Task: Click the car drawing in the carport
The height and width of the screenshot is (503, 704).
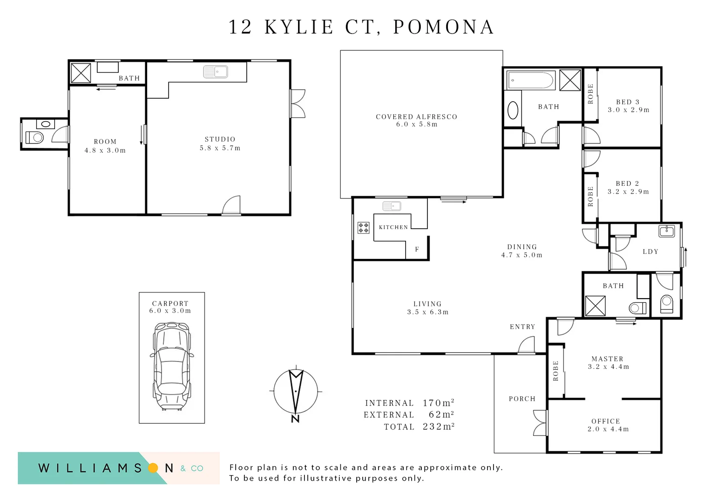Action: click(x=172, y=367)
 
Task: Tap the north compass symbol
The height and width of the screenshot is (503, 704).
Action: click(x=296, y=394)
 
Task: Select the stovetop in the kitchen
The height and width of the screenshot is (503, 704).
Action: click(x=364, y=228)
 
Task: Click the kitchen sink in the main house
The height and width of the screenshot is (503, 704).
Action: click(x=392, y=206)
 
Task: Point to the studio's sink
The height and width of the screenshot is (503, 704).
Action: click(x=216, y=72)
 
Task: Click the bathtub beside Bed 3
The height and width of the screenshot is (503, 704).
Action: click(x=530, y=80)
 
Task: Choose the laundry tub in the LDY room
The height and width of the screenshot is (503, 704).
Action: click(x=667, y=231)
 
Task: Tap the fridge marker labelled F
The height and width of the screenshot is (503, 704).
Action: click(x=417, y=250)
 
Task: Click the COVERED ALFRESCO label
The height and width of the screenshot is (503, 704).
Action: click(x=416, y=117)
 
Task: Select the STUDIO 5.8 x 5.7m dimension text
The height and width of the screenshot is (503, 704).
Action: click(x=220, y=148)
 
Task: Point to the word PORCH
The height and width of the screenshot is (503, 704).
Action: click(x=522, y=399)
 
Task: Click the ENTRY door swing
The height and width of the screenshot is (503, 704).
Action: click(x=526, y=345)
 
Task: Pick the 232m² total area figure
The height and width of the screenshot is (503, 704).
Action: click(x=439, y=427)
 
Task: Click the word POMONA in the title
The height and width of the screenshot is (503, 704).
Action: click(x=443, y=27)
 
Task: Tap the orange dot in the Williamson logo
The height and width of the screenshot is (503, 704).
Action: click(x=153, y=468)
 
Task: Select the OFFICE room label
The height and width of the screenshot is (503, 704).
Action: click(x=606, y=421)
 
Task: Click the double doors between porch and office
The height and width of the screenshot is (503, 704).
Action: click(x=541, y=423)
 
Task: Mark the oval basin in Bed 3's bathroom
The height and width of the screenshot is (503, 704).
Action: click(x=513, y=110)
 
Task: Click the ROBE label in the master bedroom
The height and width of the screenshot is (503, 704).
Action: click(x=555, y=371)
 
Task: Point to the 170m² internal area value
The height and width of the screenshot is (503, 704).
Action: click(x=439, y=403)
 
